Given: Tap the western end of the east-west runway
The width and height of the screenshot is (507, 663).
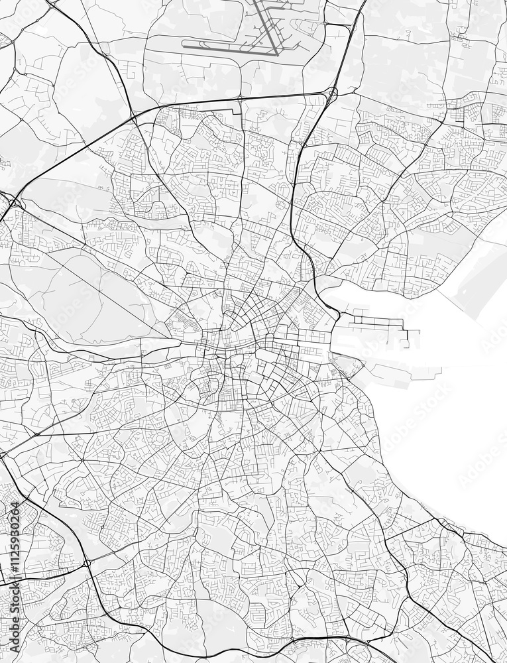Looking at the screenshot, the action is pyautogui.click(x=184, y=46).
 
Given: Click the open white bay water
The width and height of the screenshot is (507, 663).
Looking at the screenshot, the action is pyautogui.click(x=451, y=411).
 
